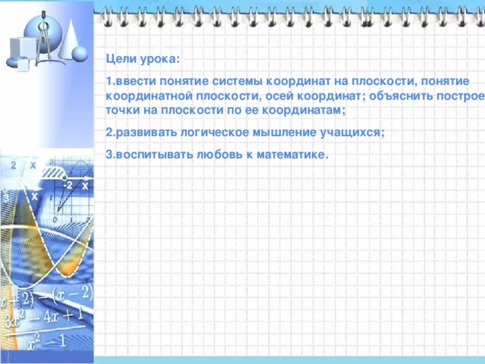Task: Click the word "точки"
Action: coord(121,111)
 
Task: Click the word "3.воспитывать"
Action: coord(145,155)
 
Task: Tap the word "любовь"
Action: coord(217,155)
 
